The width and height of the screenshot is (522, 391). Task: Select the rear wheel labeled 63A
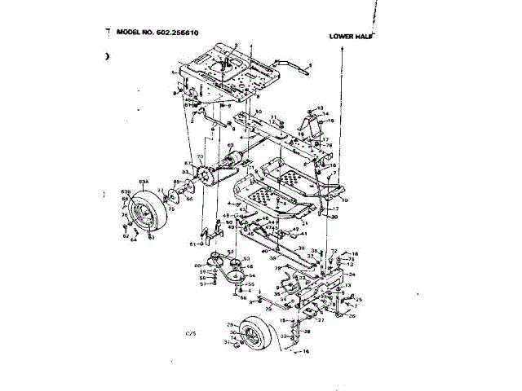[x=148, y=213]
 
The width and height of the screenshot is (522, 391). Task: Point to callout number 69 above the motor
[x=230, y=145]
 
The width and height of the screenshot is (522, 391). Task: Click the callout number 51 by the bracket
[x=193, y=244]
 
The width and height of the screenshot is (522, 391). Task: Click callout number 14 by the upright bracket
[x=325, y=114]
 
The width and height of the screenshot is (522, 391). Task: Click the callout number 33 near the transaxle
[x=185, y=173]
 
